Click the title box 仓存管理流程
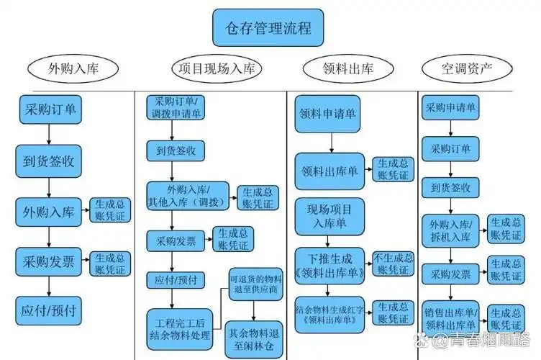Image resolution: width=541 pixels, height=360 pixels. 268,28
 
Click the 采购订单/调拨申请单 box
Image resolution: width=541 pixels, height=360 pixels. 176,108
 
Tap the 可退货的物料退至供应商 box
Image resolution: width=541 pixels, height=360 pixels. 253,284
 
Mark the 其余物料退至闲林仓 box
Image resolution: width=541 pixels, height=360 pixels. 253,338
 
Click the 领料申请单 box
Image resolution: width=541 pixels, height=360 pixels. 328,117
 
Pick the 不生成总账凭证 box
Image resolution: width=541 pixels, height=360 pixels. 394,265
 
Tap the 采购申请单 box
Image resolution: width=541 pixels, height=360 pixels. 451,108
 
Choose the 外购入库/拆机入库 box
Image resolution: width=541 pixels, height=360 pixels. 451,229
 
